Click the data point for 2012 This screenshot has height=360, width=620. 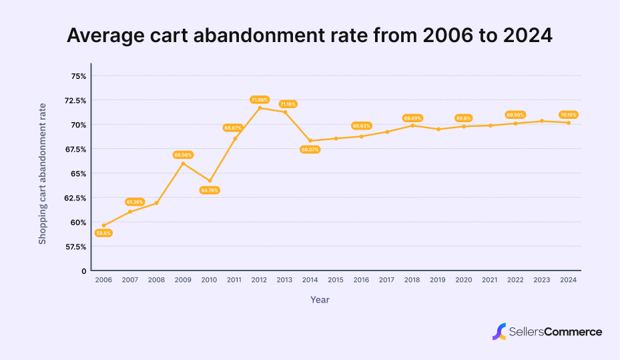point(260,108)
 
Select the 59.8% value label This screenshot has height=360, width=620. point(103,233)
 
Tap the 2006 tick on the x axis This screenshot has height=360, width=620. point(103,281)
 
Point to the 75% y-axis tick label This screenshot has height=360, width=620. point(79,76)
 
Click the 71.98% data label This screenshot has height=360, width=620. point(260,100)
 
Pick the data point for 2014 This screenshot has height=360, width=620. point(310,141)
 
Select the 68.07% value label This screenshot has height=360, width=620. point(310,150)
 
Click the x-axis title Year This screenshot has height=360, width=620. point(320,300)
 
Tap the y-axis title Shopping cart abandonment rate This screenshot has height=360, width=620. point(43,174)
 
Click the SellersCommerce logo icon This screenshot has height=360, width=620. point(499,331)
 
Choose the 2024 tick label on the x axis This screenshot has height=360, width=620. point(569,281)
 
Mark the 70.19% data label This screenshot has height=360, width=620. point(569,115)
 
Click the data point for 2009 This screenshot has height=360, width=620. point(182,163)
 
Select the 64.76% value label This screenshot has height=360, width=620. point(209,190)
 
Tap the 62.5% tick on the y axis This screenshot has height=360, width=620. point(75,198)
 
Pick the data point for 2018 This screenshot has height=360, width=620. point(413,126)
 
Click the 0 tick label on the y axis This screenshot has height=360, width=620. point(84,271)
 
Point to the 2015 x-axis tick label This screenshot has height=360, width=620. point(336,281)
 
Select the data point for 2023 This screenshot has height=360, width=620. point(542,121)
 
